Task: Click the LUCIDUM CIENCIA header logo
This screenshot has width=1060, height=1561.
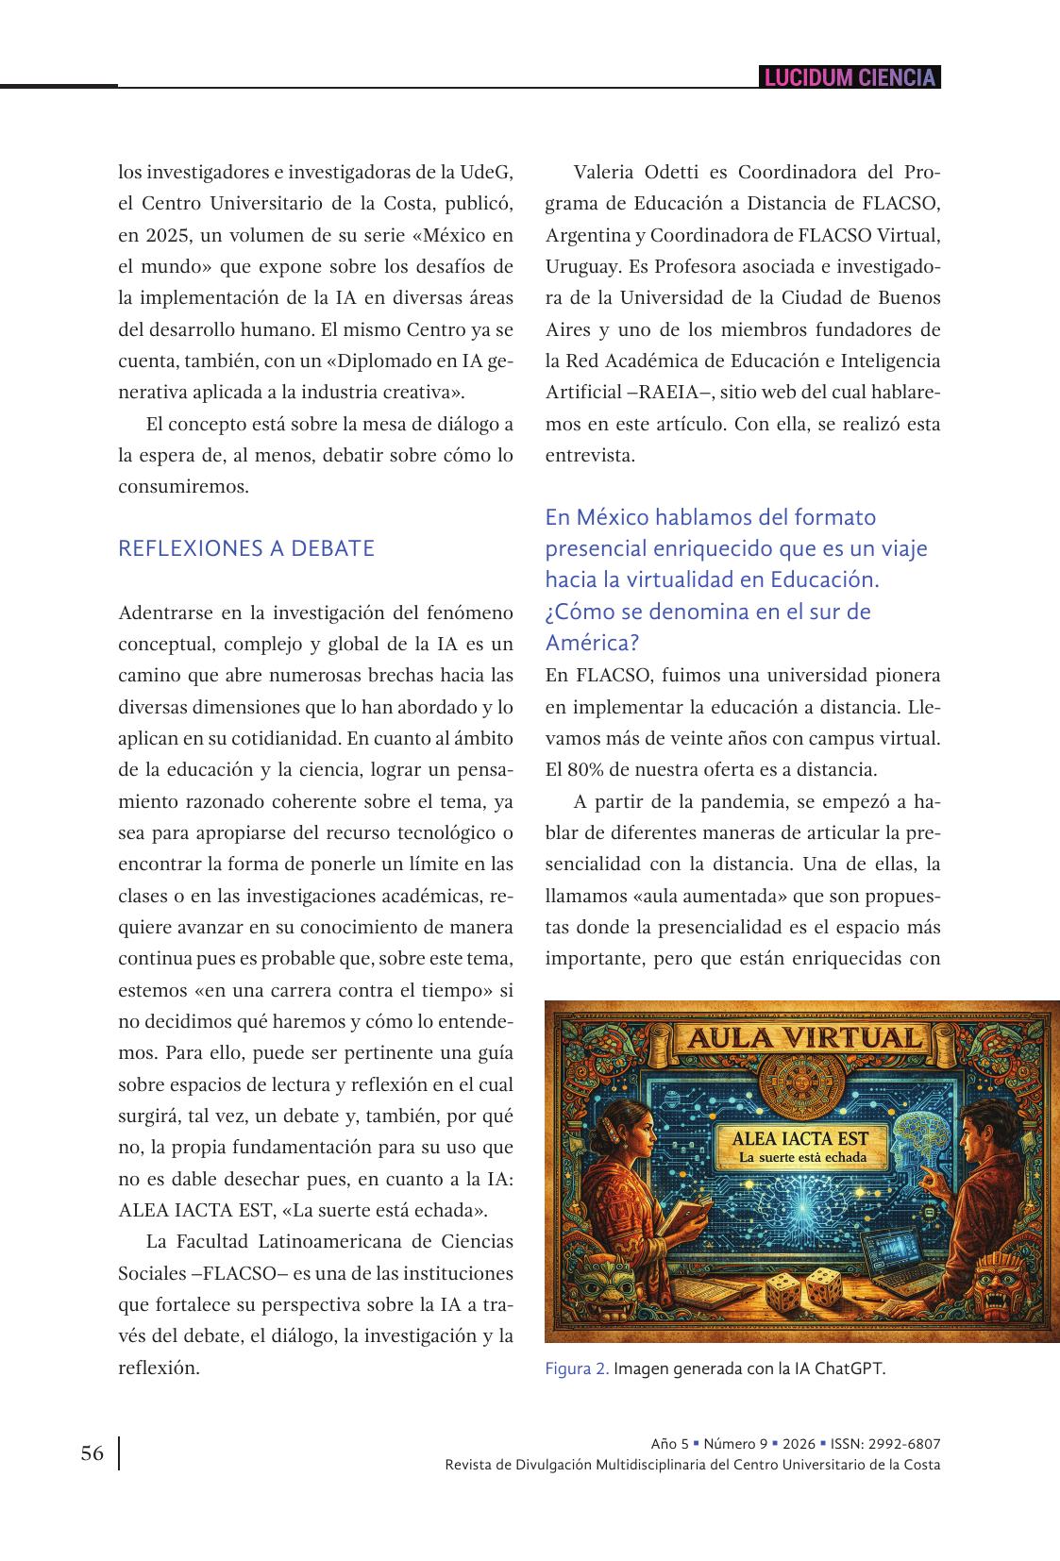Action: point(850,77)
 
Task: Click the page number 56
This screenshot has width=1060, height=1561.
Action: point(93,1453)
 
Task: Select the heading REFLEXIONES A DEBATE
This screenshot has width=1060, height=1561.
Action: point(246,548)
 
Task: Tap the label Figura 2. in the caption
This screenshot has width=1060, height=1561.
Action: point(577,1369)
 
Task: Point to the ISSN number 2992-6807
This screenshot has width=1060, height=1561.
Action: point(904,1444)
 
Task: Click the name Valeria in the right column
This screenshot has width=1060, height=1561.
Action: point(608,173)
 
